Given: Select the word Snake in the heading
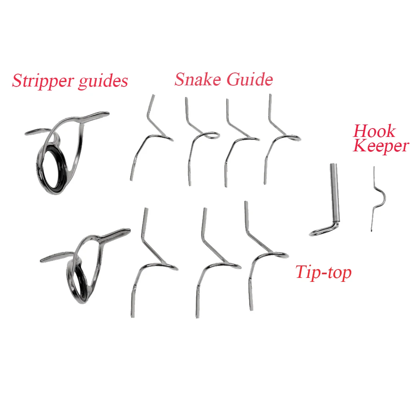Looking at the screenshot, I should (x=197, y=79).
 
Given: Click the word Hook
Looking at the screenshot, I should (x=374, y=131).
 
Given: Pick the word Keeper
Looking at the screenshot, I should (x=381, y=146).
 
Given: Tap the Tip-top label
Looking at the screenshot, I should (x=323, y=273).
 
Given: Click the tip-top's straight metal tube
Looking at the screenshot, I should (x=334, y=192).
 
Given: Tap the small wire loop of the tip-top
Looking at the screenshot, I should (x=320, y=231).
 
